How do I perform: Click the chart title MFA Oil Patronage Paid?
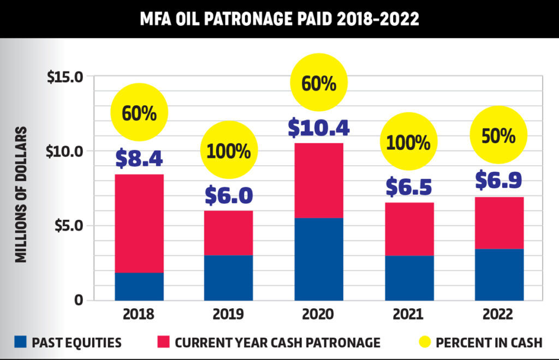pos(279,19)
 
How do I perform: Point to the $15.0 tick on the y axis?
pos(65,77)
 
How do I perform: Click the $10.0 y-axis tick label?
pos(65,151)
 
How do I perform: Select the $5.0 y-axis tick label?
pos(69,225)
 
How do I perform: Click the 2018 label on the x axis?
pos(139,315)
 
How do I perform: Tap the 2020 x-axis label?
pos(319,315)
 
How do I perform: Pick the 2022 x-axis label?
pos(498,315)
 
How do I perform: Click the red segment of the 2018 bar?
pos(139,223)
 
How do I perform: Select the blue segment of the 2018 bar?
pos(139,286)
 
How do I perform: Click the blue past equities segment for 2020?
pos(319,259)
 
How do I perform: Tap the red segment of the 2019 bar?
pos(229,233)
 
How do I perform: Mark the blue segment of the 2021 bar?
pos(409,278)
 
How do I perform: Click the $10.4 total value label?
pos(319,126)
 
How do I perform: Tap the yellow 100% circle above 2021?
pos(409,142)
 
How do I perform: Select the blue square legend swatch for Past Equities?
pos(20,343)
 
